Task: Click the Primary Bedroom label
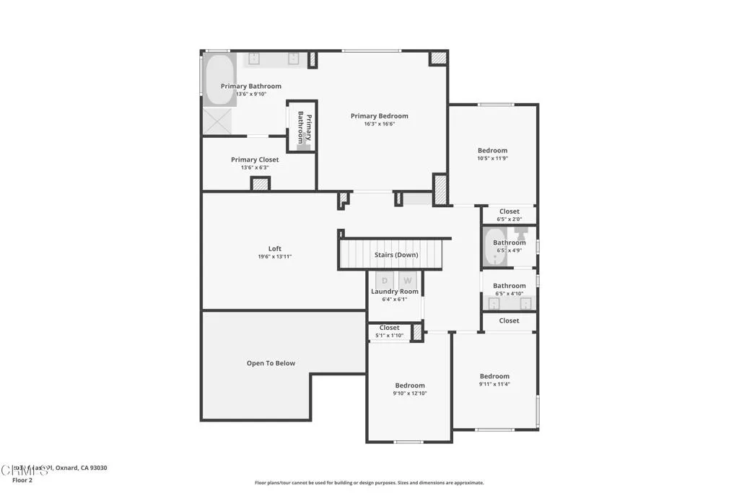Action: tap(379, 115)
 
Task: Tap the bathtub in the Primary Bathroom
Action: tap(219, 79)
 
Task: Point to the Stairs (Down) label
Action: tap(395, 255)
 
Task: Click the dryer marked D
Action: tap(385, 280)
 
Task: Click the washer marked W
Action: tap(407, 280)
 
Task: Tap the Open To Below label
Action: tap(271, 363)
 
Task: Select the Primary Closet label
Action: tap(255, 160)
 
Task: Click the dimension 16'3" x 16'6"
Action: tap(379, 123)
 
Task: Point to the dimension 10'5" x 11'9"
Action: tap(492, 158)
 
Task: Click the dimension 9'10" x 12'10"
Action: tap(409, 393)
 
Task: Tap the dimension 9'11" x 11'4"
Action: tap(494, 384)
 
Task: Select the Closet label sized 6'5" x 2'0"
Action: tap(509, 211)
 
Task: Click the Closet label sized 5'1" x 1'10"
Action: tap(389, 328)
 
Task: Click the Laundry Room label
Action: tap(395, 292)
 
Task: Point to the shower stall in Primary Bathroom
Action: tap(216, 121)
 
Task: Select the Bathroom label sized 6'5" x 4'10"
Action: tap(509, 286)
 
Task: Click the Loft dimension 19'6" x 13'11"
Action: tap(274, 256)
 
